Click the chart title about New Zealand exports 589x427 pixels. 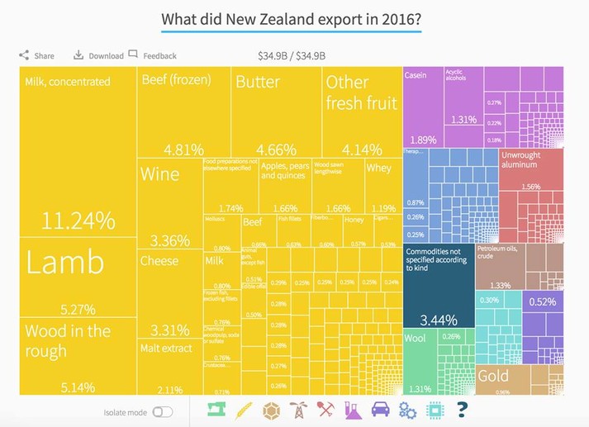[291, 18]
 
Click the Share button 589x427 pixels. [36, 55]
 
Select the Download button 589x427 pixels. [98, 55]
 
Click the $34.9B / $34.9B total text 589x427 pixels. [292, 56]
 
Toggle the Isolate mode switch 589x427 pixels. [163, 411]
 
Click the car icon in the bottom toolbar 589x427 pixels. [381, 410]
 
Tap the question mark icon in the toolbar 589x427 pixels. [462, 410]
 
